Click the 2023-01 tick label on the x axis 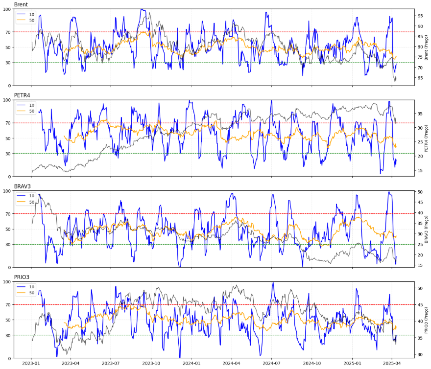pyautogui.click(x=32, y=364)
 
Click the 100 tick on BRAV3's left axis pyautogui.click(x=7, y=191)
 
